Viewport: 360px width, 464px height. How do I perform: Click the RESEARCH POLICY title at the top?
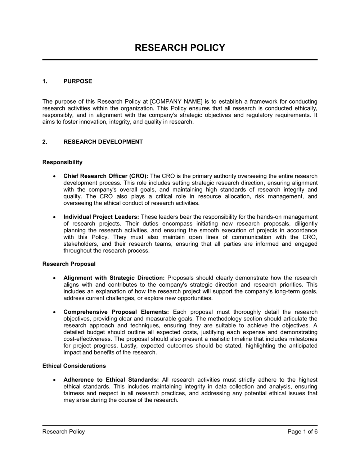click(180, 48)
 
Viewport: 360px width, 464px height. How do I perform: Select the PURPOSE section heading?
click(78, 81)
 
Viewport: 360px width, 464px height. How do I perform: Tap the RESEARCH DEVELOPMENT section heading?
click(103, 142)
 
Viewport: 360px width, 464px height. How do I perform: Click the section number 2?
click(45, 142)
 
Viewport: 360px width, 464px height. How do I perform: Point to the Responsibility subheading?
click(62, 162)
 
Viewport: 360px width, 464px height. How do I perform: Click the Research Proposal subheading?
click(69, 264)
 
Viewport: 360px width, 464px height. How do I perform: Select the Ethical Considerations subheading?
click(74, 366)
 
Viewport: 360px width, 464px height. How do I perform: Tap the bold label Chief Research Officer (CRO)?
click(106, 176)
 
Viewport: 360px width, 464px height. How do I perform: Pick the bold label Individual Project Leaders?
click(101, 217)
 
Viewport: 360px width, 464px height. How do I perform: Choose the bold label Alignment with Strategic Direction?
click(114, 278)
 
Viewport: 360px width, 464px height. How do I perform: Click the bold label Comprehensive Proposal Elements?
click(116, 312)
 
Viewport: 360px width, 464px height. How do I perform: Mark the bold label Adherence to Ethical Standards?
click(111, 379)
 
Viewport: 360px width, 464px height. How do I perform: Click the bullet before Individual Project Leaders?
click(54, 217)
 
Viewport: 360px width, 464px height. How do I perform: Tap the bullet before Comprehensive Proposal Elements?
click(54, 312)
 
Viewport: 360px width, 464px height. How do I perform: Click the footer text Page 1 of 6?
click(302, 432)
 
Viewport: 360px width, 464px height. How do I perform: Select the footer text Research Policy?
click(64, 432)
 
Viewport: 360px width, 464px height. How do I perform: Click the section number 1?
click(45, 81)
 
